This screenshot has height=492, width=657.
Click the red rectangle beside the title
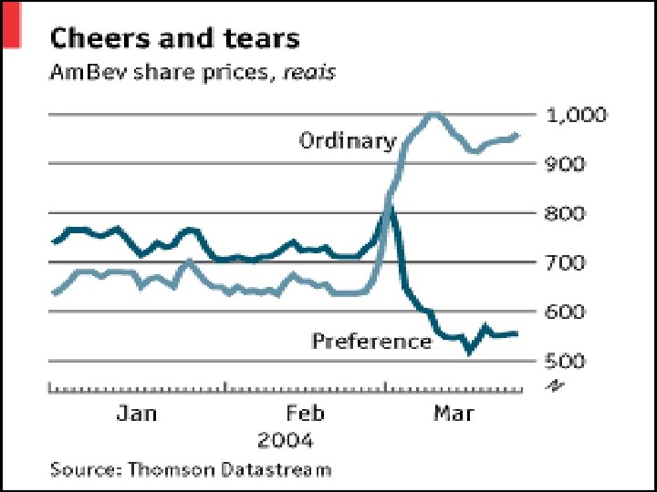[12, 24]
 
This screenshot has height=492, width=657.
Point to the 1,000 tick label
[575, 116]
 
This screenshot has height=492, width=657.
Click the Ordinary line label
[348, 141]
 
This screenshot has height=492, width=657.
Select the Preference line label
[370, 342]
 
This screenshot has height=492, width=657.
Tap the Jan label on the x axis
[137, 414]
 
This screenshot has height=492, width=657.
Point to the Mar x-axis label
[453, 414]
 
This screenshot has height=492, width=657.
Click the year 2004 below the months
[286, 441]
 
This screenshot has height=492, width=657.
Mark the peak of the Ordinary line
[433, 114]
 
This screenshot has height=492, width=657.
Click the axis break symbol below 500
[553, 386]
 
